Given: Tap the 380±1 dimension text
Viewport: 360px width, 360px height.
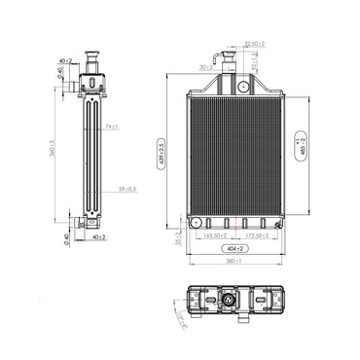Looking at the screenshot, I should tap(232, 262).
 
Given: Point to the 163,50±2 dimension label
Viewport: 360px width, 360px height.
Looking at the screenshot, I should tap(215, 235).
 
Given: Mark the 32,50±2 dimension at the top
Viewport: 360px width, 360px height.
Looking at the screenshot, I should tap(256, 44).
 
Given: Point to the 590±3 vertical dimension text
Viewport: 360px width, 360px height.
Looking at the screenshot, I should tap(54, 146).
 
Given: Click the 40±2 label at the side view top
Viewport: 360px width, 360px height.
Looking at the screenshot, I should tap(63, 60).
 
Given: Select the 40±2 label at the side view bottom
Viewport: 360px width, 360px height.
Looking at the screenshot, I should tap(98, 235).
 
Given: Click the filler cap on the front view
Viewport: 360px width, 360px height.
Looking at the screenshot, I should tap(234, 58).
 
